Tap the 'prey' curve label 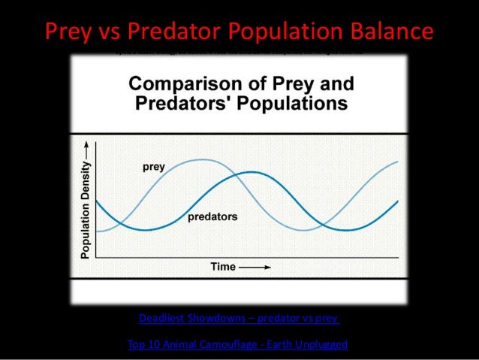coord(154,167)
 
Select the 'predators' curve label coord(212,216)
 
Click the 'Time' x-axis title coord(223,266)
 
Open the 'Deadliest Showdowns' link coord(239,318)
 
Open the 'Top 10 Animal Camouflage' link coord(239,344)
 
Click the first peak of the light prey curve coord(201,159)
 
